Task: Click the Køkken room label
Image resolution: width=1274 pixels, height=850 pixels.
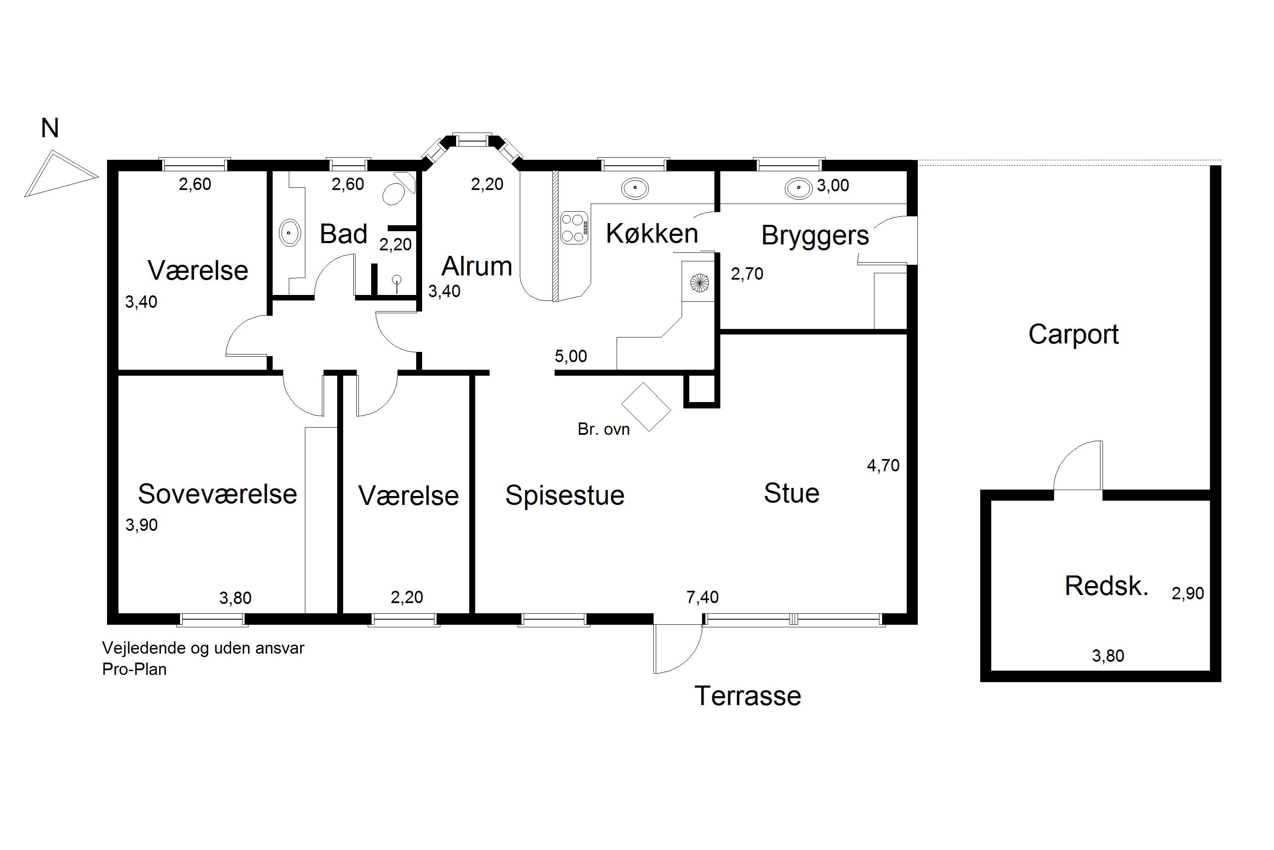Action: pyautogui.click(x=651, y=234)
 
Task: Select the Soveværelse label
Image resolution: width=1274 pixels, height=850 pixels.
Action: pyautogui.click(x=217, y=494)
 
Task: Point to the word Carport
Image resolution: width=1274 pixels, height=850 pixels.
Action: pyautogui.click(x=1074, y=334)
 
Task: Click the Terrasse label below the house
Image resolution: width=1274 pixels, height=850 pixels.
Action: pyautogui.click(x=747, y=696)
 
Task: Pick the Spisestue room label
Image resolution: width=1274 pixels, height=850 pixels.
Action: pyautogui.click(x=564, y=496)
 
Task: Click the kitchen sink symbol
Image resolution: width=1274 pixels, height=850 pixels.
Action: pyautogui.click(x=634, y=189)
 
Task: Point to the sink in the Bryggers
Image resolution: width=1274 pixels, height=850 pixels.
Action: pyautogui.click(x=798, y=189)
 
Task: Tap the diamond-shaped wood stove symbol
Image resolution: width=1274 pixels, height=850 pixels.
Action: pyautogui.click(x=645, y=407)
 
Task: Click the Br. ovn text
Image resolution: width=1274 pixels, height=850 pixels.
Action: pyautogui.click(x=603, y=429)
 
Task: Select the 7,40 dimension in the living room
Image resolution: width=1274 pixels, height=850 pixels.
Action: pyautogui.click(x=702, y=598)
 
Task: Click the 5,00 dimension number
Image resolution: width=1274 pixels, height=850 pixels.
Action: pyautogui.click(x=571, y=356)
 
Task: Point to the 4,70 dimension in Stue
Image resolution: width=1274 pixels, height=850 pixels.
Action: pyautogui.click(x=883, y=466)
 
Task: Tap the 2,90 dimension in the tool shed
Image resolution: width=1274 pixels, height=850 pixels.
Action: pyautogui.click(x=1188, y=594)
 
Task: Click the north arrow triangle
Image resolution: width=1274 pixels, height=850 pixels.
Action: pyautogui.click(x=61, y=173)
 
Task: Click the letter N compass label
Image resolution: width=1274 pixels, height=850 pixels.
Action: pyautogui.click(x=50, y=128)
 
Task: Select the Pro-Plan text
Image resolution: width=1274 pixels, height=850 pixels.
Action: pyautogui.click(x=134, y=669)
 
